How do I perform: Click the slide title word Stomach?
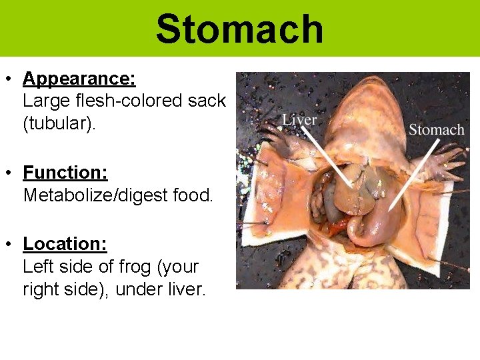[x=239, y=29]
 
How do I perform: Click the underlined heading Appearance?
[x=79, y=79]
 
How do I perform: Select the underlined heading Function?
[x=65, y=173]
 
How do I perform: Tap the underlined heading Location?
[x=65, y=244]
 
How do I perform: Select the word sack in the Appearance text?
[x=207, y=101]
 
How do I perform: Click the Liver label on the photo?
[x=299, y=121]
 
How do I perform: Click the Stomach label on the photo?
[x=436, y=129]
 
